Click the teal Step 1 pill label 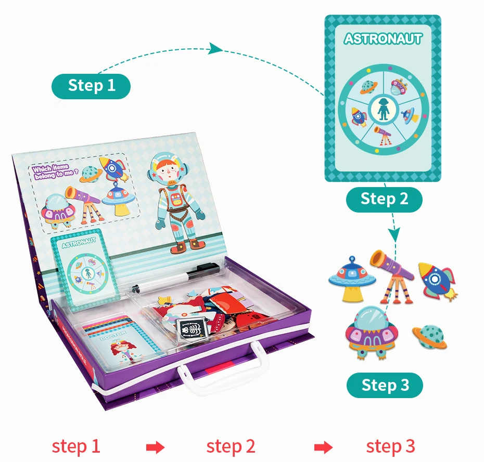(x=91, y=85)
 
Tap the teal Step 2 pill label (x=384, y=199)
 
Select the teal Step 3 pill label (x=385, y=385)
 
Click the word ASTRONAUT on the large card (x=383, y=38)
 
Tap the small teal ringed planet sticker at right (x=430, y=336)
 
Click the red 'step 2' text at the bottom (x=231, y=446)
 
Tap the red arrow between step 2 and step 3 (x=323, y=446)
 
